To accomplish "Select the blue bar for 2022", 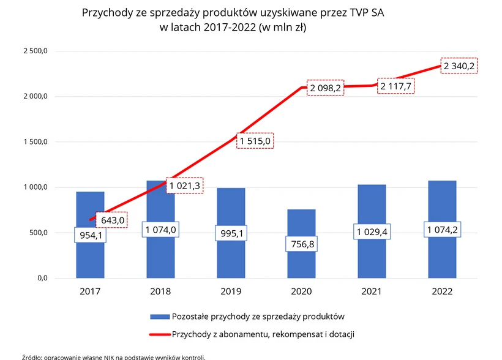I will pos(443,257).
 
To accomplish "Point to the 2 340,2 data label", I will pos(459,66).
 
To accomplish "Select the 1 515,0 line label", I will pos(255,141).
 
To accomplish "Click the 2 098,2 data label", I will pos(325,88).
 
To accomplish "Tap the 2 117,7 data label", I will pos(395,86).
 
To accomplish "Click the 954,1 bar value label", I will pos(90,235).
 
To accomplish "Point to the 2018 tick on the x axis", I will pos(160,291).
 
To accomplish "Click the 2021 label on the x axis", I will pos(372,291).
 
